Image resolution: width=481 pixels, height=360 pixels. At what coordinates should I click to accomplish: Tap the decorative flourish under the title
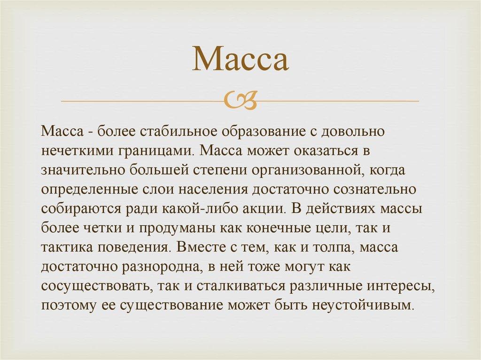[240, 100]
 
